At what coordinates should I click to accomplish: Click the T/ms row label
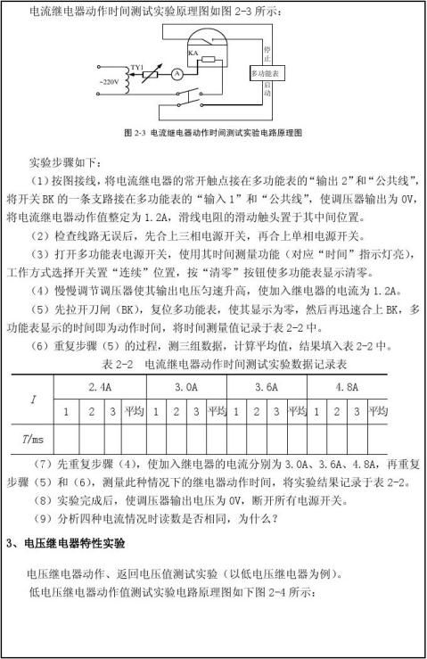click(33, 439)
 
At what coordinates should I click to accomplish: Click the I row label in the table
click(33, 400)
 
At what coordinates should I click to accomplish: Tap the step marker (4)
click(41, 291)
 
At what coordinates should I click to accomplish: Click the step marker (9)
click(41, 520)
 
